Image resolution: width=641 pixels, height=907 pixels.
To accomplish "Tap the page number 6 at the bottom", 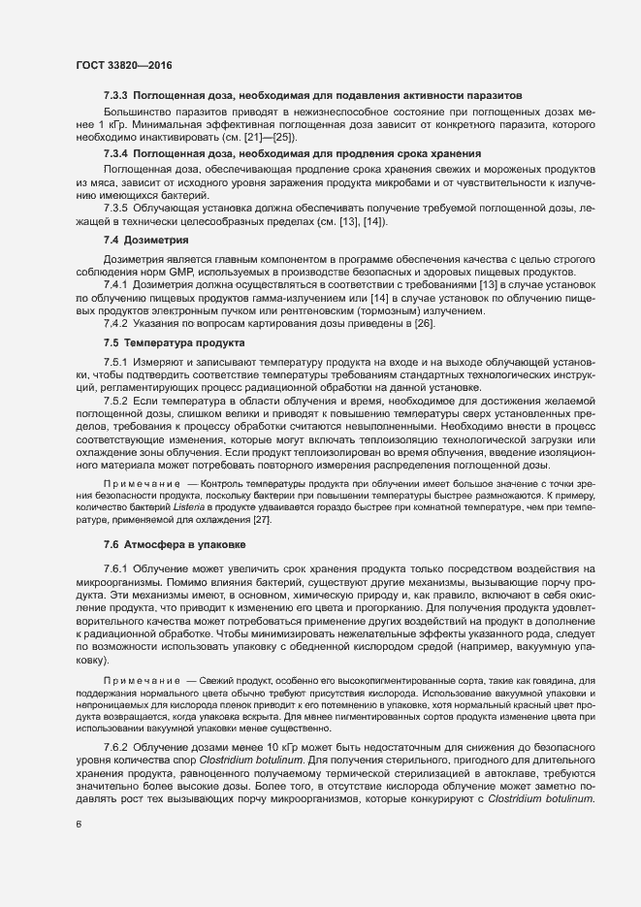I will pyautogui.click(x=79, y=825).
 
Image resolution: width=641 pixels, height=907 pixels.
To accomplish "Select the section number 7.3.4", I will pyautogui.click(x=115, y=153).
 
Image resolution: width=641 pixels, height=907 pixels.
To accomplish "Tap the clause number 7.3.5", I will pyautogui.click(x=115, y=209).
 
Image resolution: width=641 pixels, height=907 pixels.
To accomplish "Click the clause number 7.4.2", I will pyautogui.click(x=115, y=322).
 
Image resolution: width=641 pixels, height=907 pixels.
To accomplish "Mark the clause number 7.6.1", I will pyautogui.click(x=115, y=567).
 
